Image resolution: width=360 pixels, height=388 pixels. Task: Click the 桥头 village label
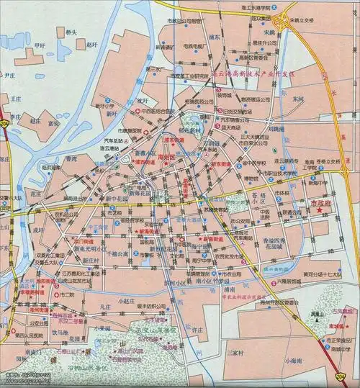click(71, 32)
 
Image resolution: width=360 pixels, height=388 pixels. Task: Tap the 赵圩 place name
click(91, 44)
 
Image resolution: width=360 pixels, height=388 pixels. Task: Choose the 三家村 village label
click(234, 353)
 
